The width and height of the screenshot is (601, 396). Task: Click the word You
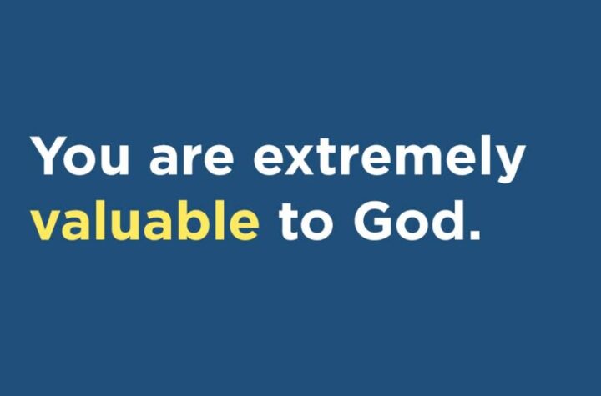[x=79, y=155]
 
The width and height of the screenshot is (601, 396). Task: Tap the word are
[x=191, y=160]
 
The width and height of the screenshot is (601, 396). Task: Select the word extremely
[x=389, y=158]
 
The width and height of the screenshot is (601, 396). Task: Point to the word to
[x=306, y=223]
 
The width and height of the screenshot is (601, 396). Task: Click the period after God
[x=474, y=234]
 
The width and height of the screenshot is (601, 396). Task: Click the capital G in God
[x=372, y=221]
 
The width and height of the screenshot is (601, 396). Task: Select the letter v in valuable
[x=47, y=226]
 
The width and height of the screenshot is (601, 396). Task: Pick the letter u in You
[x=113, y=161]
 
